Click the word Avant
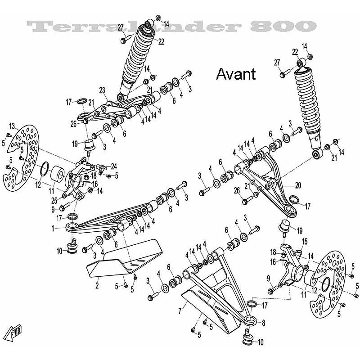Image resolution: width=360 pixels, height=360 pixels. tap(236, 74)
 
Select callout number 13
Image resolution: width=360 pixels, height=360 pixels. tap(12, 125)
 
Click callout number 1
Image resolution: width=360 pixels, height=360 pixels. tap(53, 229)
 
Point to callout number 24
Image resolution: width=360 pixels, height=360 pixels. tap(114, 165)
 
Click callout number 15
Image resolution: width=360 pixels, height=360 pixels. tap(304, 241)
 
